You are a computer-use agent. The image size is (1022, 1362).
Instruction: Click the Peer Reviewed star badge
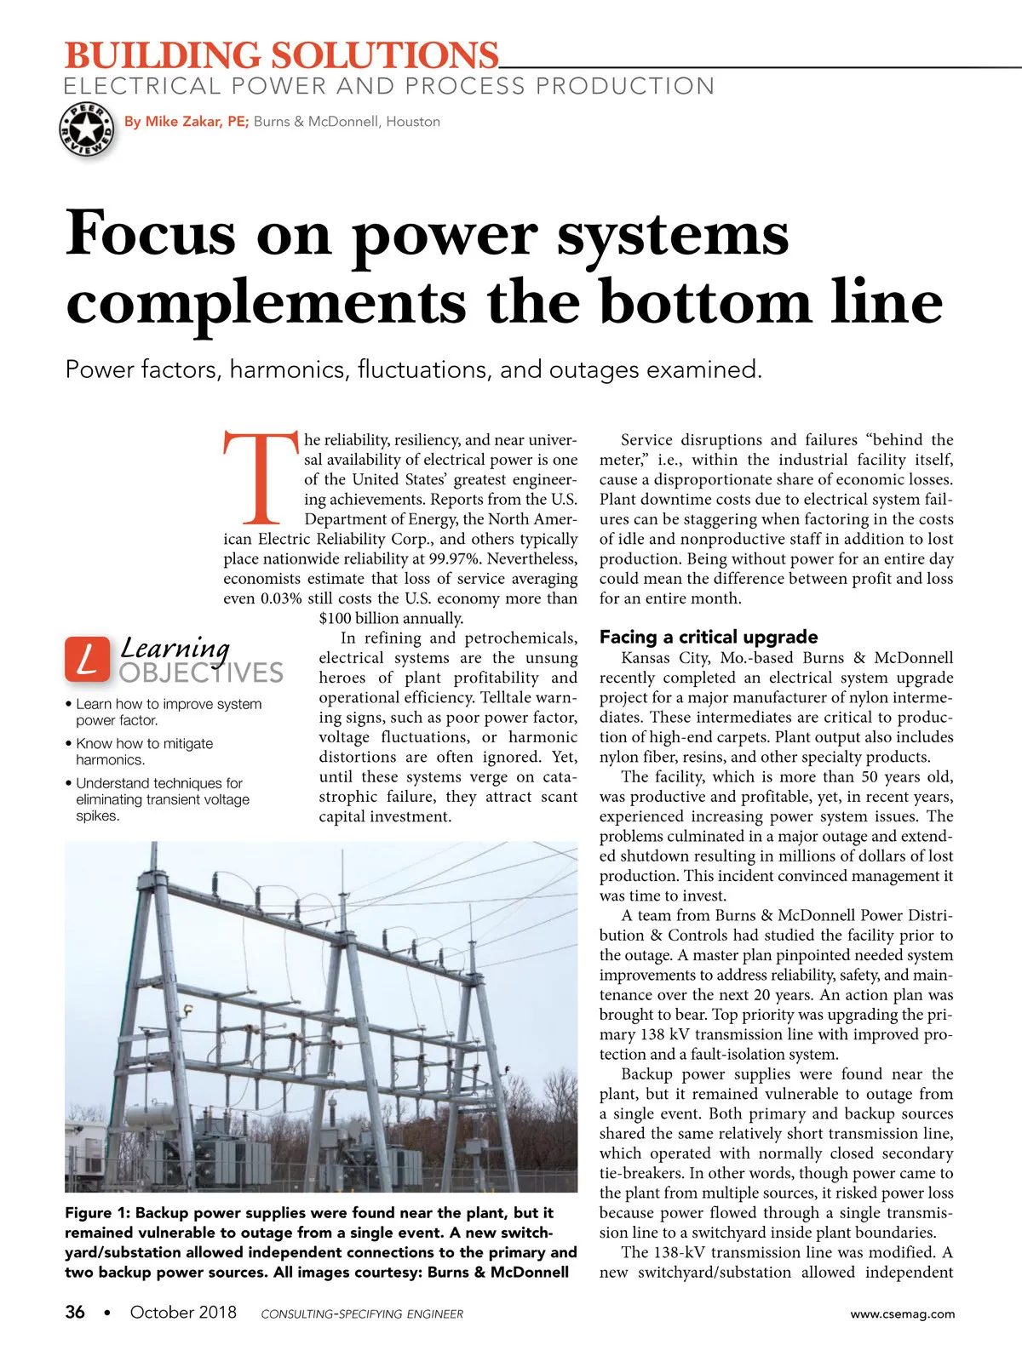pos(86,129)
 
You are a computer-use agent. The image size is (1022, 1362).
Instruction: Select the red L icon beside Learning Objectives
pos(87,660)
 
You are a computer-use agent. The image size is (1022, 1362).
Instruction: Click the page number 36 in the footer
pos(75,1312)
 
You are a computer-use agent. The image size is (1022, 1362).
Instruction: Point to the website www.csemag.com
pos(902,1313)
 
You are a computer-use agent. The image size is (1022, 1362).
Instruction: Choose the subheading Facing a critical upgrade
pos(708,637)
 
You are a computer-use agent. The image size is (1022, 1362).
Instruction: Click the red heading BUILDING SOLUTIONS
pos(281,56)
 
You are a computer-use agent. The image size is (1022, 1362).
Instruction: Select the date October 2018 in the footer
pos(183,1312)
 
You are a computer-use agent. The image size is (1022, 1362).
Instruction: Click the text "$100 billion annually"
pos(391,619)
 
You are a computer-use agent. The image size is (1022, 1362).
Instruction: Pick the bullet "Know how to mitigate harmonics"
pos(144,751)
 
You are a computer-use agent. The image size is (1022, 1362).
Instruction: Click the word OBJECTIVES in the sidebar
pos(201,673)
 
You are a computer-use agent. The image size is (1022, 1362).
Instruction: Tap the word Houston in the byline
pos(413,122)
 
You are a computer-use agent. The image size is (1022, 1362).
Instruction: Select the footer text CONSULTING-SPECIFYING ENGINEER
pos(362,1314)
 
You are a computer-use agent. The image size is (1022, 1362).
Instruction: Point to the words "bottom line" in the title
pos(771,303)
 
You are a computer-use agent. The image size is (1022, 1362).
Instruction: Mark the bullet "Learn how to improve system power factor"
pos(168,712)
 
